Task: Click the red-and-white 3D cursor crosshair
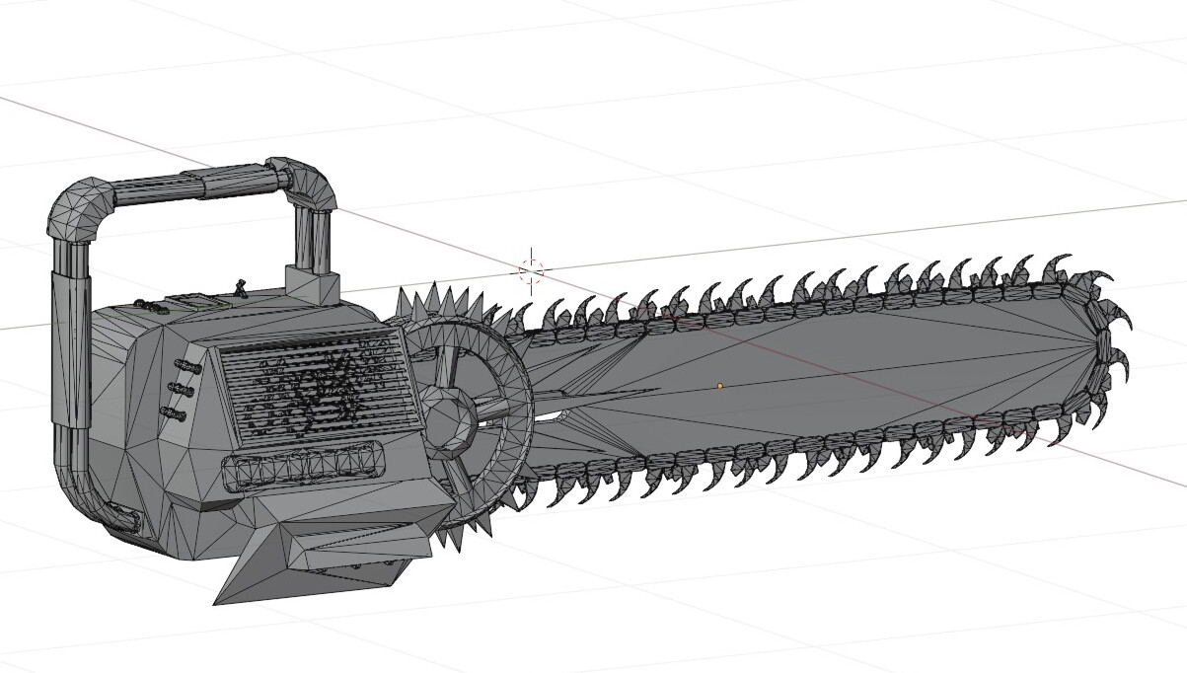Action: (x=531, y=269)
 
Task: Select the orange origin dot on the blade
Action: (x=719, y=386)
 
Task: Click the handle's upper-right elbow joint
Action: (x=314, y=184)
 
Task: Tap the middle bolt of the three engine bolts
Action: (x=184, y=388)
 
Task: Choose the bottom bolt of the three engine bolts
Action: (x=179, y=412)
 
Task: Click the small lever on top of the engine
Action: (x=239, y=288)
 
